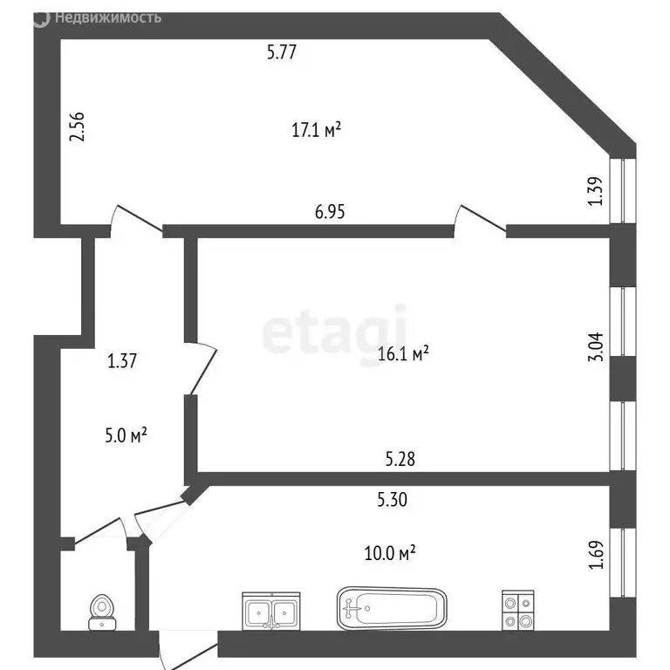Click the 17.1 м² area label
[x=315, y=131]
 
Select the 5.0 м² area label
[x=125, y=434]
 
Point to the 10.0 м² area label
[x=389, y=552]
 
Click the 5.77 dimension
[x=283, y=52]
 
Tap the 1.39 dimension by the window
[x=596, y=191]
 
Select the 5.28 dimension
[x=400, y=459]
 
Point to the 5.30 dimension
[x=393, y=499]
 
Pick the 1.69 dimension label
[x=596, y=556]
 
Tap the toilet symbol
[x=104, y=611]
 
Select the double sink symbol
[x=271, y=610]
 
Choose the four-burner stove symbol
[x=517, y=611]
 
